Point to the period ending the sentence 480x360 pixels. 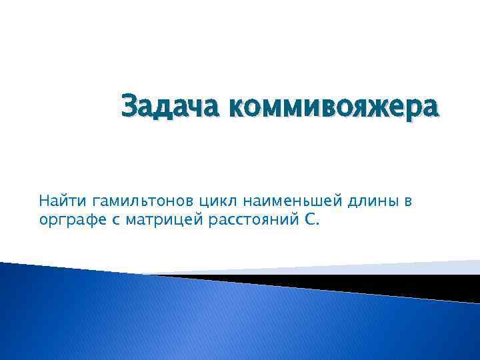click(318, 224)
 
